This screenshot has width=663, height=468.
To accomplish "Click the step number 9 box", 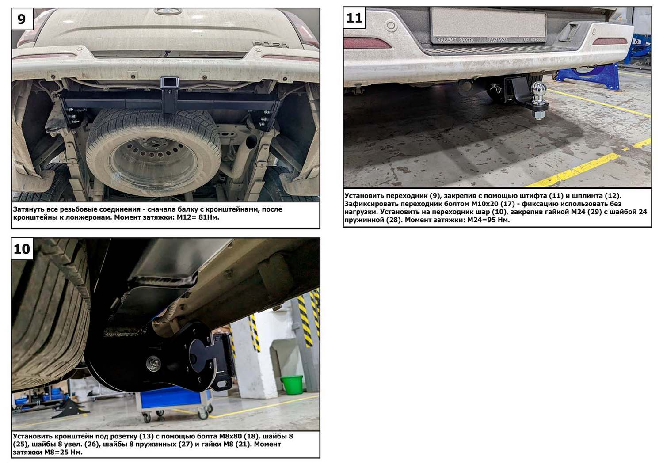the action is point(22,19).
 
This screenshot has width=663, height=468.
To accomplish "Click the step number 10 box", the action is point(22,249).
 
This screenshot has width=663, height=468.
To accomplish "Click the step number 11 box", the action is point(354,18).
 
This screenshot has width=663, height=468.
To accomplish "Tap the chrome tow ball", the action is point(538,88).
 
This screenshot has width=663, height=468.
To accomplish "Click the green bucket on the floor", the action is point(292,384).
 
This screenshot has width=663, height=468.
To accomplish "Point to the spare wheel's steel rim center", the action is point(154,162).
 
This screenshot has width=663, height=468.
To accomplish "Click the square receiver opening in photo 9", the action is point(170,82).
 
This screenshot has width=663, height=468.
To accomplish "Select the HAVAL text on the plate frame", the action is point(499,40).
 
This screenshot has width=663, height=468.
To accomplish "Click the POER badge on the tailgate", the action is point(270,44).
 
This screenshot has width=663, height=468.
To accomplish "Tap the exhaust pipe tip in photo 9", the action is point(251,141).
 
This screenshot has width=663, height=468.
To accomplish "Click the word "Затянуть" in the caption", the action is point(28,209).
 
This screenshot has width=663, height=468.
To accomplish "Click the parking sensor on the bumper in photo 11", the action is point(392,26).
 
